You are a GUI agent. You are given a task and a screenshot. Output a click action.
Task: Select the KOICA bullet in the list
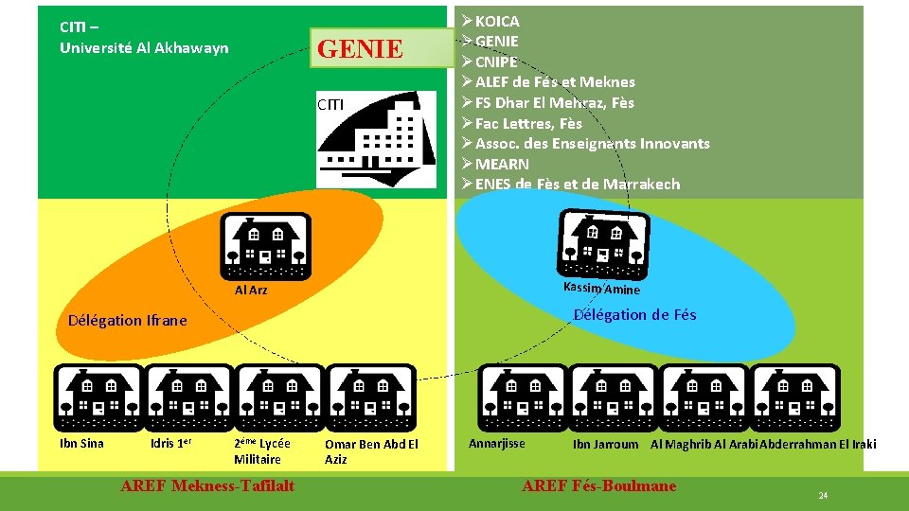point(497,21)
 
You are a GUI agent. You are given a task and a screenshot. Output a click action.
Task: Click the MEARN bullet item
point(502,164)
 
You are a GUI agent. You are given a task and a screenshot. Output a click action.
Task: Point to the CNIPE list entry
point(496,62)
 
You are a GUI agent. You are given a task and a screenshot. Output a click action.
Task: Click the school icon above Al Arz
point(265,246)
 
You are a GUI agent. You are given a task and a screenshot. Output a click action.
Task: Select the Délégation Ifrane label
point(128,320)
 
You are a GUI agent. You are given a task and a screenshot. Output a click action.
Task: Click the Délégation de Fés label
point(634,315)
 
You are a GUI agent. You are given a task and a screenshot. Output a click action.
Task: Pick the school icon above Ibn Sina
point(98,397)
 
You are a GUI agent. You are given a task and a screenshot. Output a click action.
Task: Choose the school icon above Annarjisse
point(523,397)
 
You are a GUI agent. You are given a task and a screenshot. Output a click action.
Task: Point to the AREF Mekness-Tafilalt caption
point(207,485)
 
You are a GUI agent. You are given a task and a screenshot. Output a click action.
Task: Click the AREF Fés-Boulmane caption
point(599,485)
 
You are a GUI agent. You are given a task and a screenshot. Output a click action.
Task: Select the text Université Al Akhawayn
point(144,47)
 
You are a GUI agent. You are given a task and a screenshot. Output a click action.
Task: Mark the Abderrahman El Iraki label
point(818,444)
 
